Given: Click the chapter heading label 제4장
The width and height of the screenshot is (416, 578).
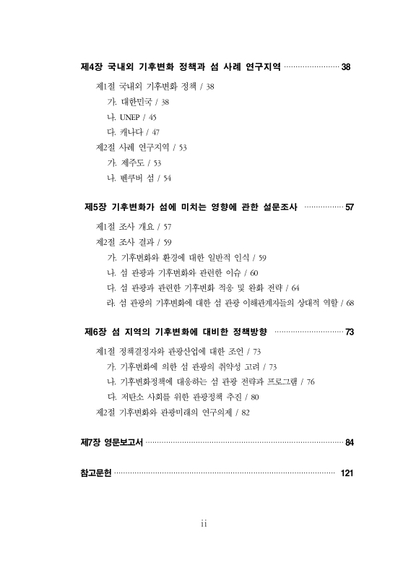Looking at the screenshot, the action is click(x=92, y=67).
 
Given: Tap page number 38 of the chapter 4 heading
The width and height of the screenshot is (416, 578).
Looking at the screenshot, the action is click(x=346, y=67).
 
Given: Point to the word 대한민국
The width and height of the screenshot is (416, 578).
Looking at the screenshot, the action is click(x=134, y=101).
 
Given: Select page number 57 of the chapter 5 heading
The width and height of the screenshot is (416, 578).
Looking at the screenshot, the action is click(x=350, y=207).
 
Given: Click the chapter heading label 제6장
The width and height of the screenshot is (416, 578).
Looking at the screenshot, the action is click(x=96, y=332).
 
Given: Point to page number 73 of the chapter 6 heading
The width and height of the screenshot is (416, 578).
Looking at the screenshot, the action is click(x=350, y=332).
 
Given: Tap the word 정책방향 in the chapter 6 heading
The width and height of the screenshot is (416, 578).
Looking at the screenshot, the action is click(x=245, y=332).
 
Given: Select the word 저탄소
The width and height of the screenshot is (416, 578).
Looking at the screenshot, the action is click(x=133, y=397).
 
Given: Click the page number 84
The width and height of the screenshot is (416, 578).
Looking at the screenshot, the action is click(x=350, y=442).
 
